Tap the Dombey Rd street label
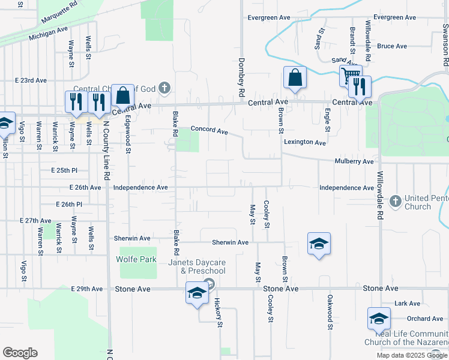click(242, 77)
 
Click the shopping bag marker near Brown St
click(295, 78)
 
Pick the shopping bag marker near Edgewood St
click(122, 95)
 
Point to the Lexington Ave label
click(305, 142)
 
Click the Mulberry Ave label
click(355, 161)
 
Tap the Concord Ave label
click(209, 130)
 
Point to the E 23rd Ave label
click(31, 80)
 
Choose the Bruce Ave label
click(392, 46)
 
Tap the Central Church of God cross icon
click(165, 89)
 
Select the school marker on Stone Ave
click(196, 293)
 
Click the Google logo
click(20, 353)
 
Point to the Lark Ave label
click(407, 304)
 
